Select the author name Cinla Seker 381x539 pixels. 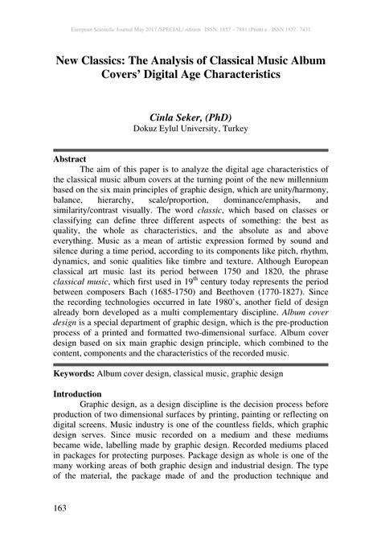coord(167,115)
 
